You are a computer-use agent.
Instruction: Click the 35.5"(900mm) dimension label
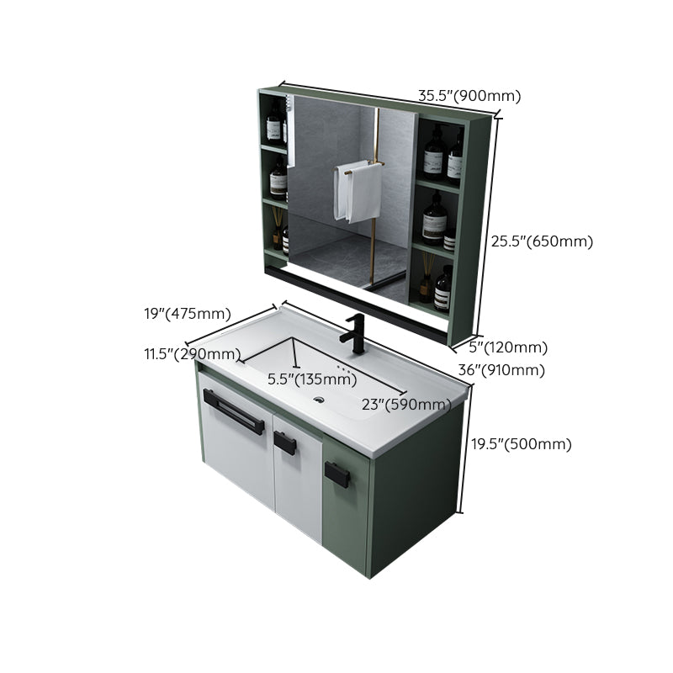coord(469,96)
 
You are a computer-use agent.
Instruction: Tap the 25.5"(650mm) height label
coord(542,241)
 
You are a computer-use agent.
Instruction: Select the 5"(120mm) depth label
coord(508,347)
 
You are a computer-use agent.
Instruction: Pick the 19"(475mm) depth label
coord(187,314)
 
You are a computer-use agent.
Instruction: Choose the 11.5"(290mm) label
coord(192,354)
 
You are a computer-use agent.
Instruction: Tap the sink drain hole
coord(320,399)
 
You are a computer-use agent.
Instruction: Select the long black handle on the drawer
coord(233,411)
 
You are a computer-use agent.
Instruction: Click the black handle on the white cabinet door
coord(285,442)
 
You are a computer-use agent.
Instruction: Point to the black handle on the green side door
coord(336,475)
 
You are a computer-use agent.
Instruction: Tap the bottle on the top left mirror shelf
coord(273,125)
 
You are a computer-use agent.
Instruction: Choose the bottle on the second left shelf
coord(278,178)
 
